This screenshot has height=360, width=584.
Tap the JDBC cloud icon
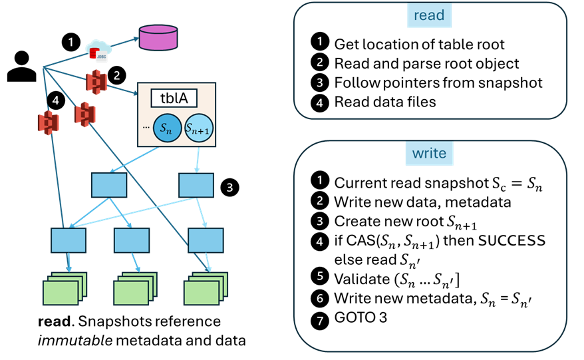tap(99, 50)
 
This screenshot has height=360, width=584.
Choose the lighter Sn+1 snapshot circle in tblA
tap(198, 128)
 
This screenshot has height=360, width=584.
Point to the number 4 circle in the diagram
tap(55, 102)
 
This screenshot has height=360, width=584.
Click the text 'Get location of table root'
tap(419, 45)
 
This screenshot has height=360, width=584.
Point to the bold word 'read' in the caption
tap(53, 322)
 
